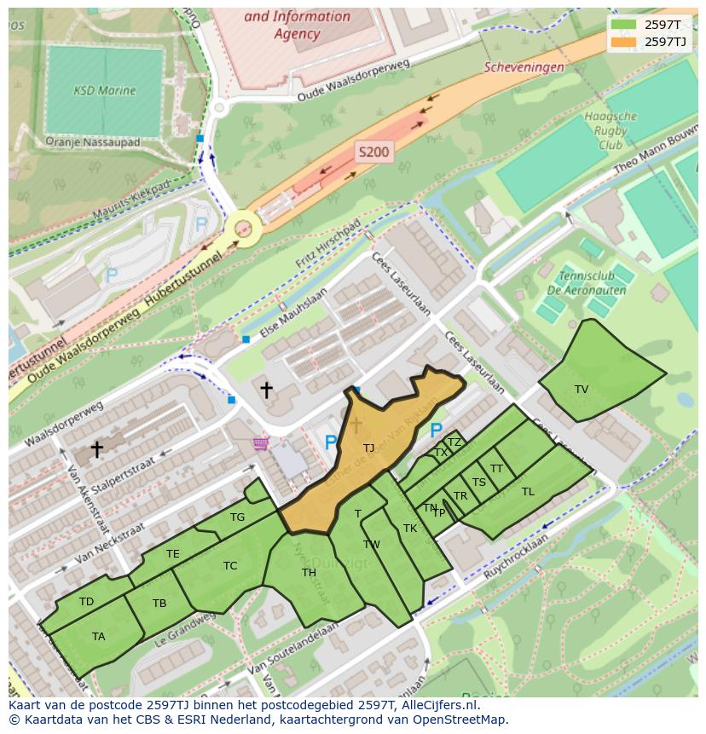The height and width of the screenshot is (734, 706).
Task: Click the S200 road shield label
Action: coord(373,153)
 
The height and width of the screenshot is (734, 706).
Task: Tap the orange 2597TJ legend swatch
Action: coord(624,42)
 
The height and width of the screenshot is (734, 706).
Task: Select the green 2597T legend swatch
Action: coord(624,24)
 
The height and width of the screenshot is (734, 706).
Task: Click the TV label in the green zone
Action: coord(582,390)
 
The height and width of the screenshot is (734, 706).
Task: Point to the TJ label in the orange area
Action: coord(368,448)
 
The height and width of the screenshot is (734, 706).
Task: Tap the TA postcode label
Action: coord(99,636)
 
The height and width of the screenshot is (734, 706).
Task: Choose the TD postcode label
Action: coord(86,602)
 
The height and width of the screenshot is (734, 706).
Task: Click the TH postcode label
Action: coord(309,573)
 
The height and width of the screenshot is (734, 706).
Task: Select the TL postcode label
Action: coord(528,492)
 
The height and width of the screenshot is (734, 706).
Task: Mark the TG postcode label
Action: coord(237,517)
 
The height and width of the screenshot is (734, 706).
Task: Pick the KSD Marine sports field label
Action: coord(104,90)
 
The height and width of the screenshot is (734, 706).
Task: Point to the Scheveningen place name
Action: coord(524,67)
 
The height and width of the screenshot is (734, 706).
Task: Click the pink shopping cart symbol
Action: coord(261,443)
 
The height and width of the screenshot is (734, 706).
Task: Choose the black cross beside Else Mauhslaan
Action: coord(266,390)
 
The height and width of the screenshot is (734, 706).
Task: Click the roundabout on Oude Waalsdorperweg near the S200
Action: coord(244,228)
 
